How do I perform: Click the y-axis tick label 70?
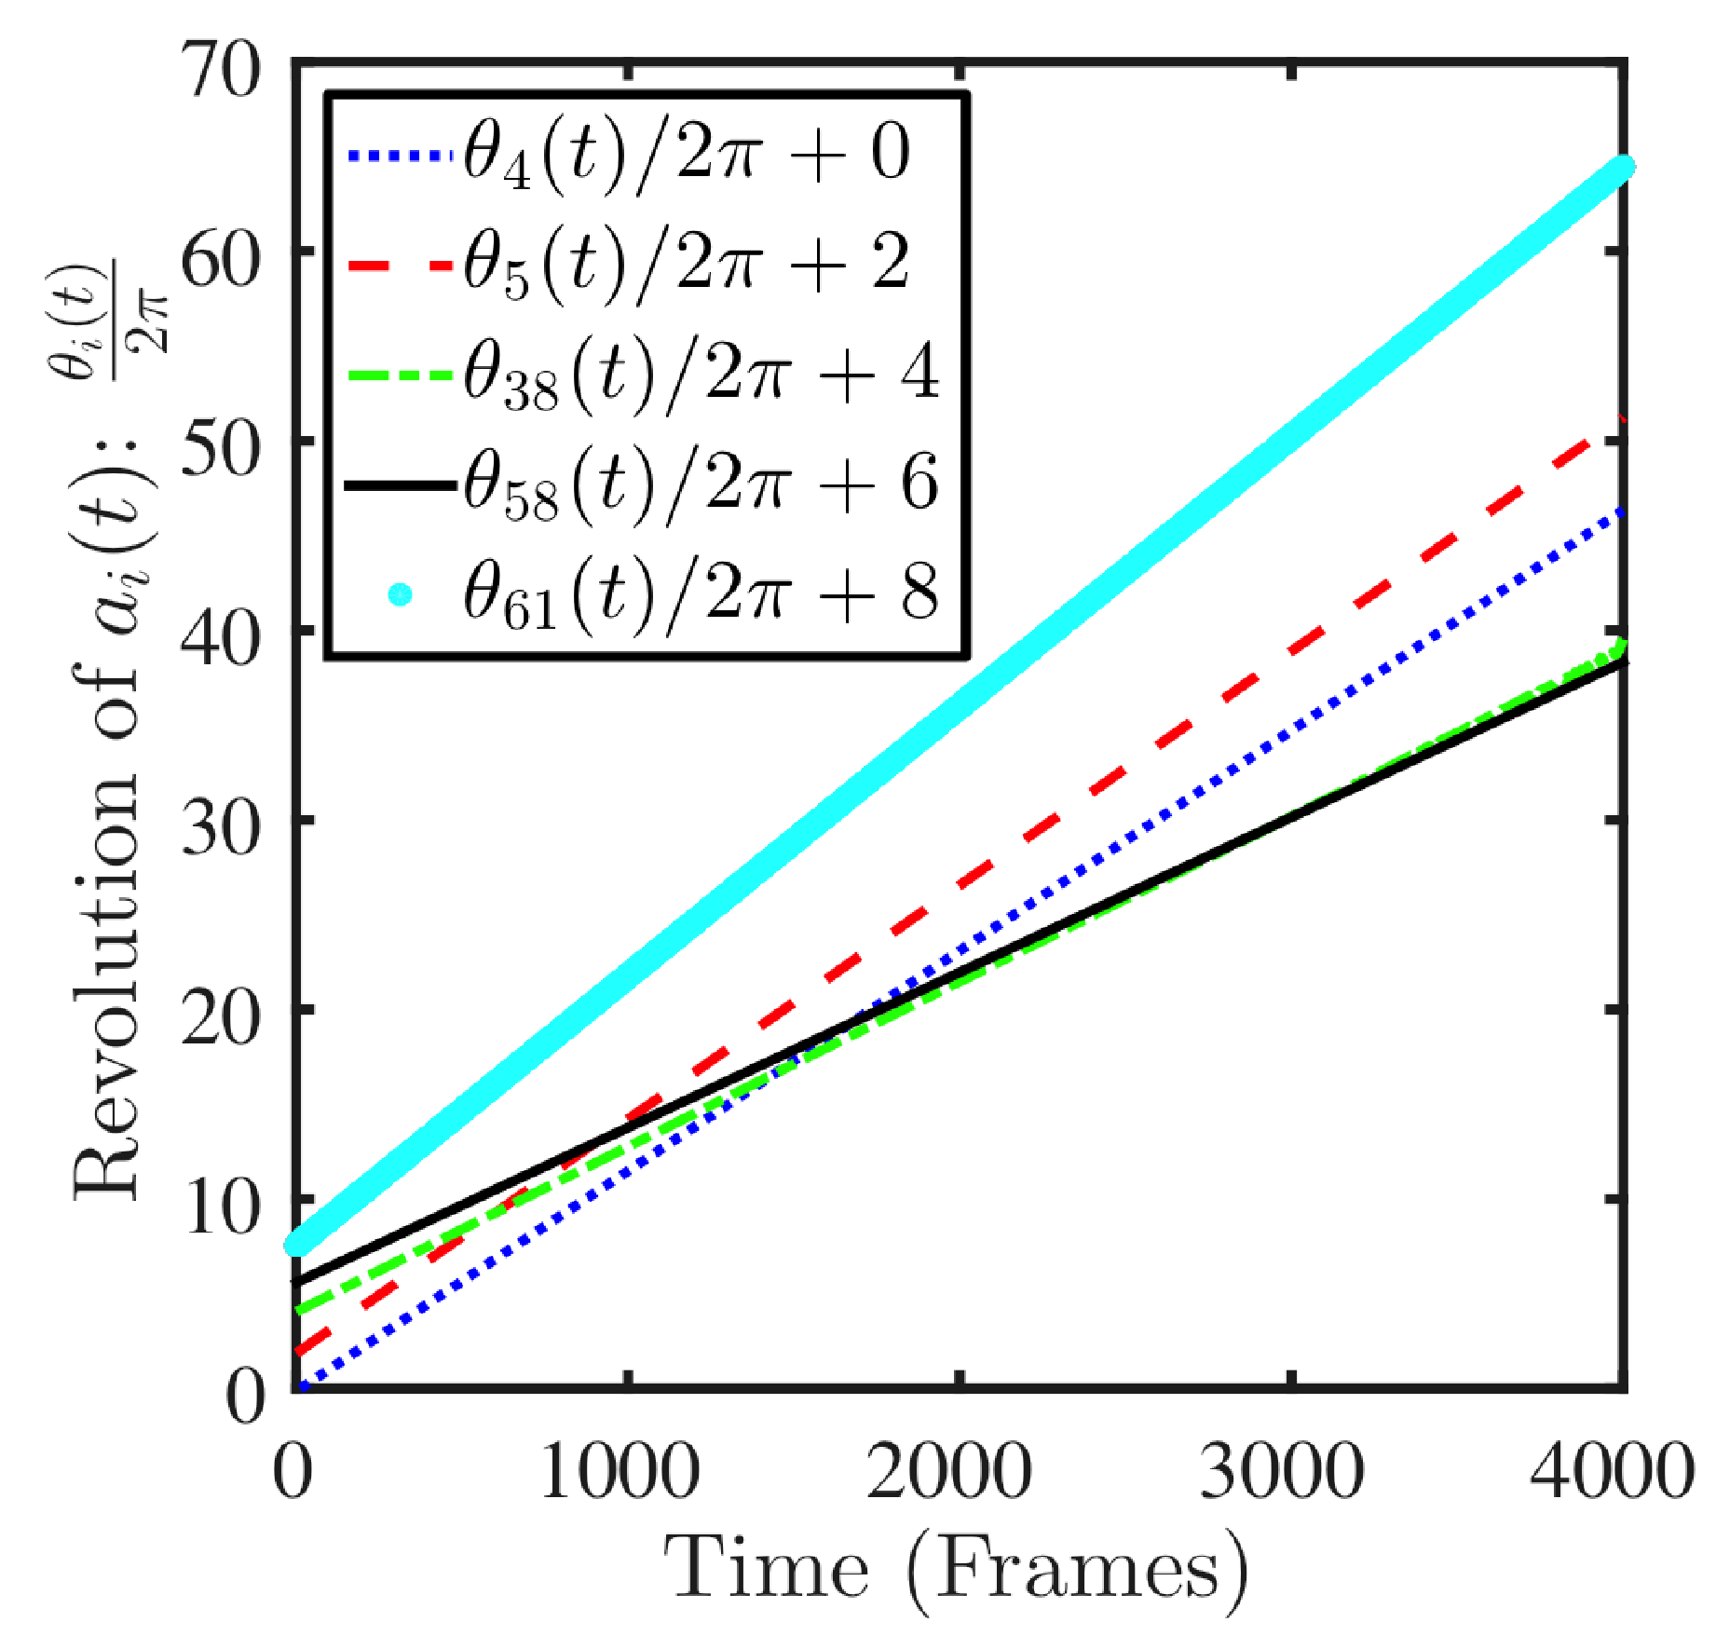[x=222, y=72]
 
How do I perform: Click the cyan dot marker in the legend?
[x=400, y=593]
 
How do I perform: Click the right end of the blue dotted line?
[x=1621, y=512]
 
